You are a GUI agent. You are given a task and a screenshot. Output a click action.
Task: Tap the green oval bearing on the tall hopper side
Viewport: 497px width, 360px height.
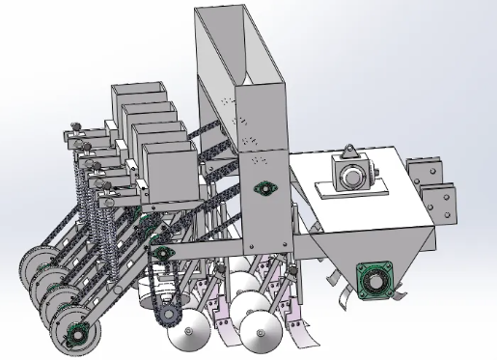[262, 187]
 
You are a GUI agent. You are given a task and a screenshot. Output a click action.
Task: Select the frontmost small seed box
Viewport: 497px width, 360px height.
[172, 174]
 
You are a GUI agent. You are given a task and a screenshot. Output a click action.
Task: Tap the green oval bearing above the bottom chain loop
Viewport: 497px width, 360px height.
[161, 254]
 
